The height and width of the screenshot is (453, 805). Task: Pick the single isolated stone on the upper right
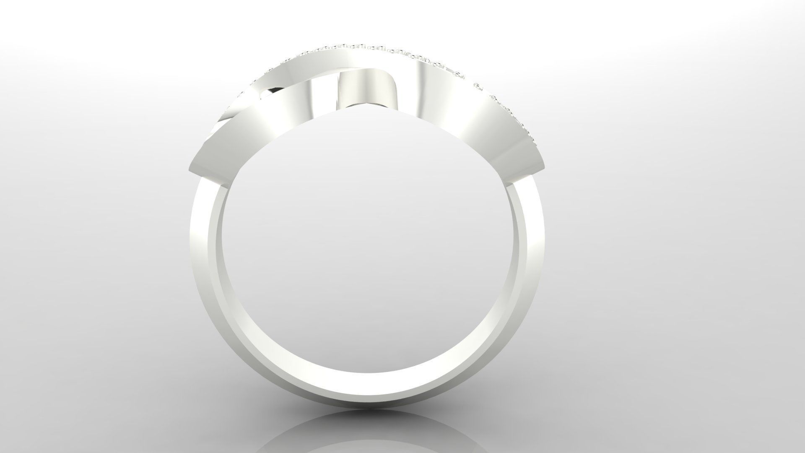[x=477, y=87]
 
